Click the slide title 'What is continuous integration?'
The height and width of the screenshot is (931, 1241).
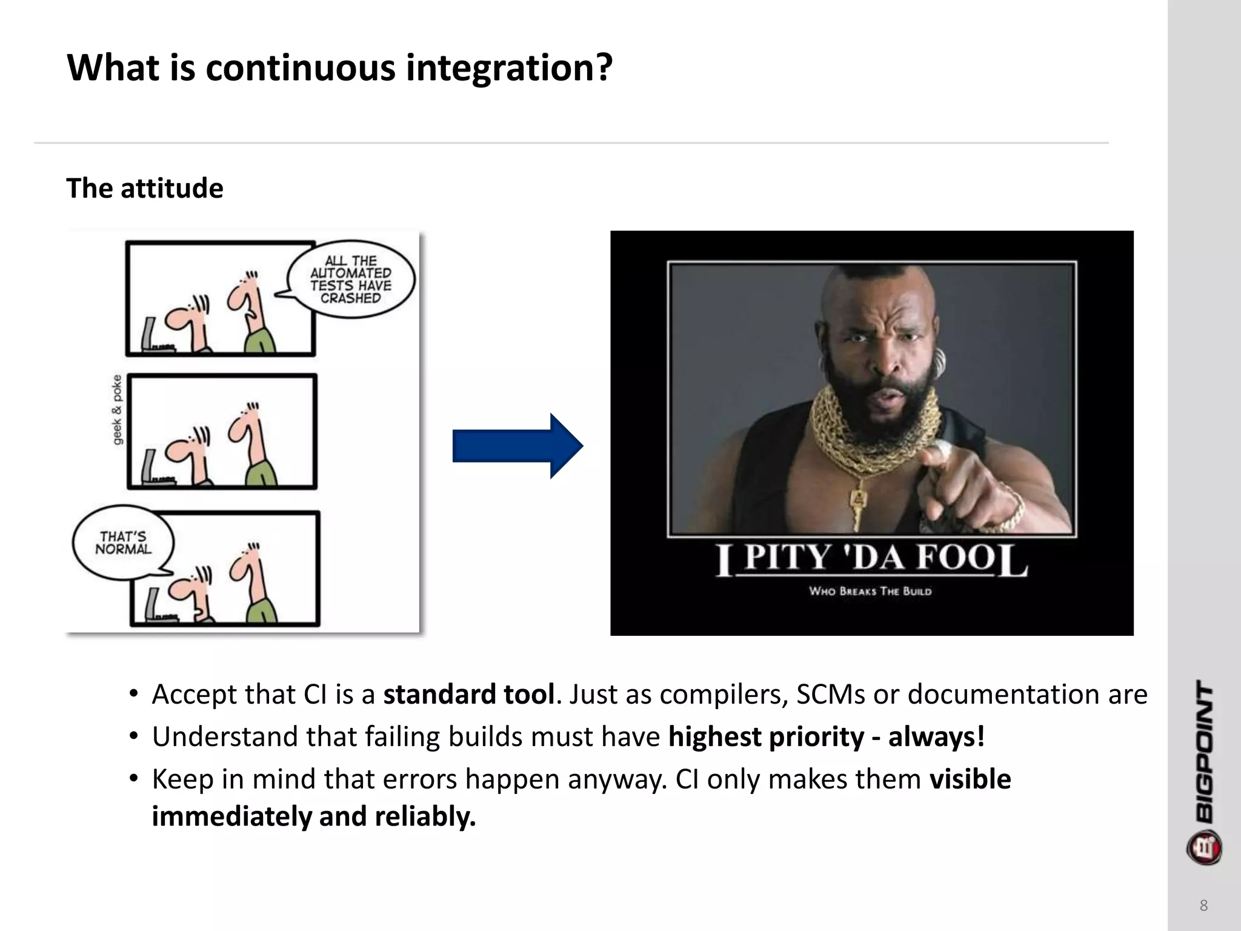339,67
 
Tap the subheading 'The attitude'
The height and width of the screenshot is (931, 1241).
144,189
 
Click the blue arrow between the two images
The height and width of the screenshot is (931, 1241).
517,446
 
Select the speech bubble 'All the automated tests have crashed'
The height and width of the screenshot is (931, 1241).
351,279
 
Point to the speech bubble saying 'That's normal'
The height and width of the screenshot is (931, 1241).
122,542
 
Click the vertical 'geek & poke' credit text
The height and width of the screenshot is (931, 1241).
117,409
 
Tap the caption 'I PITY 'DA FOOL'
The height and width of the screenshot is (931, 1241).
871,558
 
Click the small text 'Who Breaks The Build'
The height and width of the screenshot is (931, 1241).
870,591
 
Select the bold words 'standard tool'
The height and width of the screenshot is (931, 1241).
468,695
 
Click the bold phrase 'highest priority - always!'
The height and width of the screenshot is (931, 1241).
826,737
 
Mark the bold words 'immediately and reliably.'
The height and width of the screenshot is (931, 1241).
313,816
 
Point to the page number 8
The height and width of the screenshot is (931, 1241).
1203,906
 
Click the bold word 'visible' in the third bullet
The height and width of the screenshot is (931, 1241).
970,779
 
